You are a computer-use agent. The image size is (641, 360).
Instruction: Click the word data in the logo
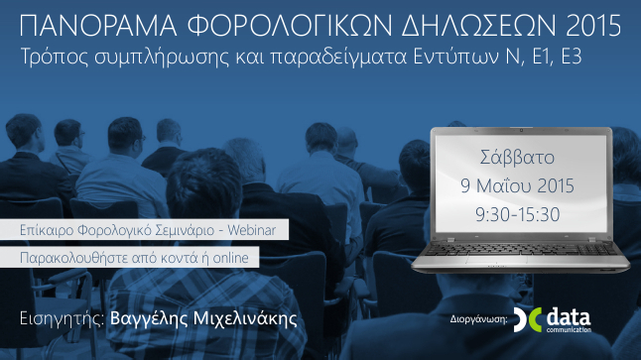(575, 314)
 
